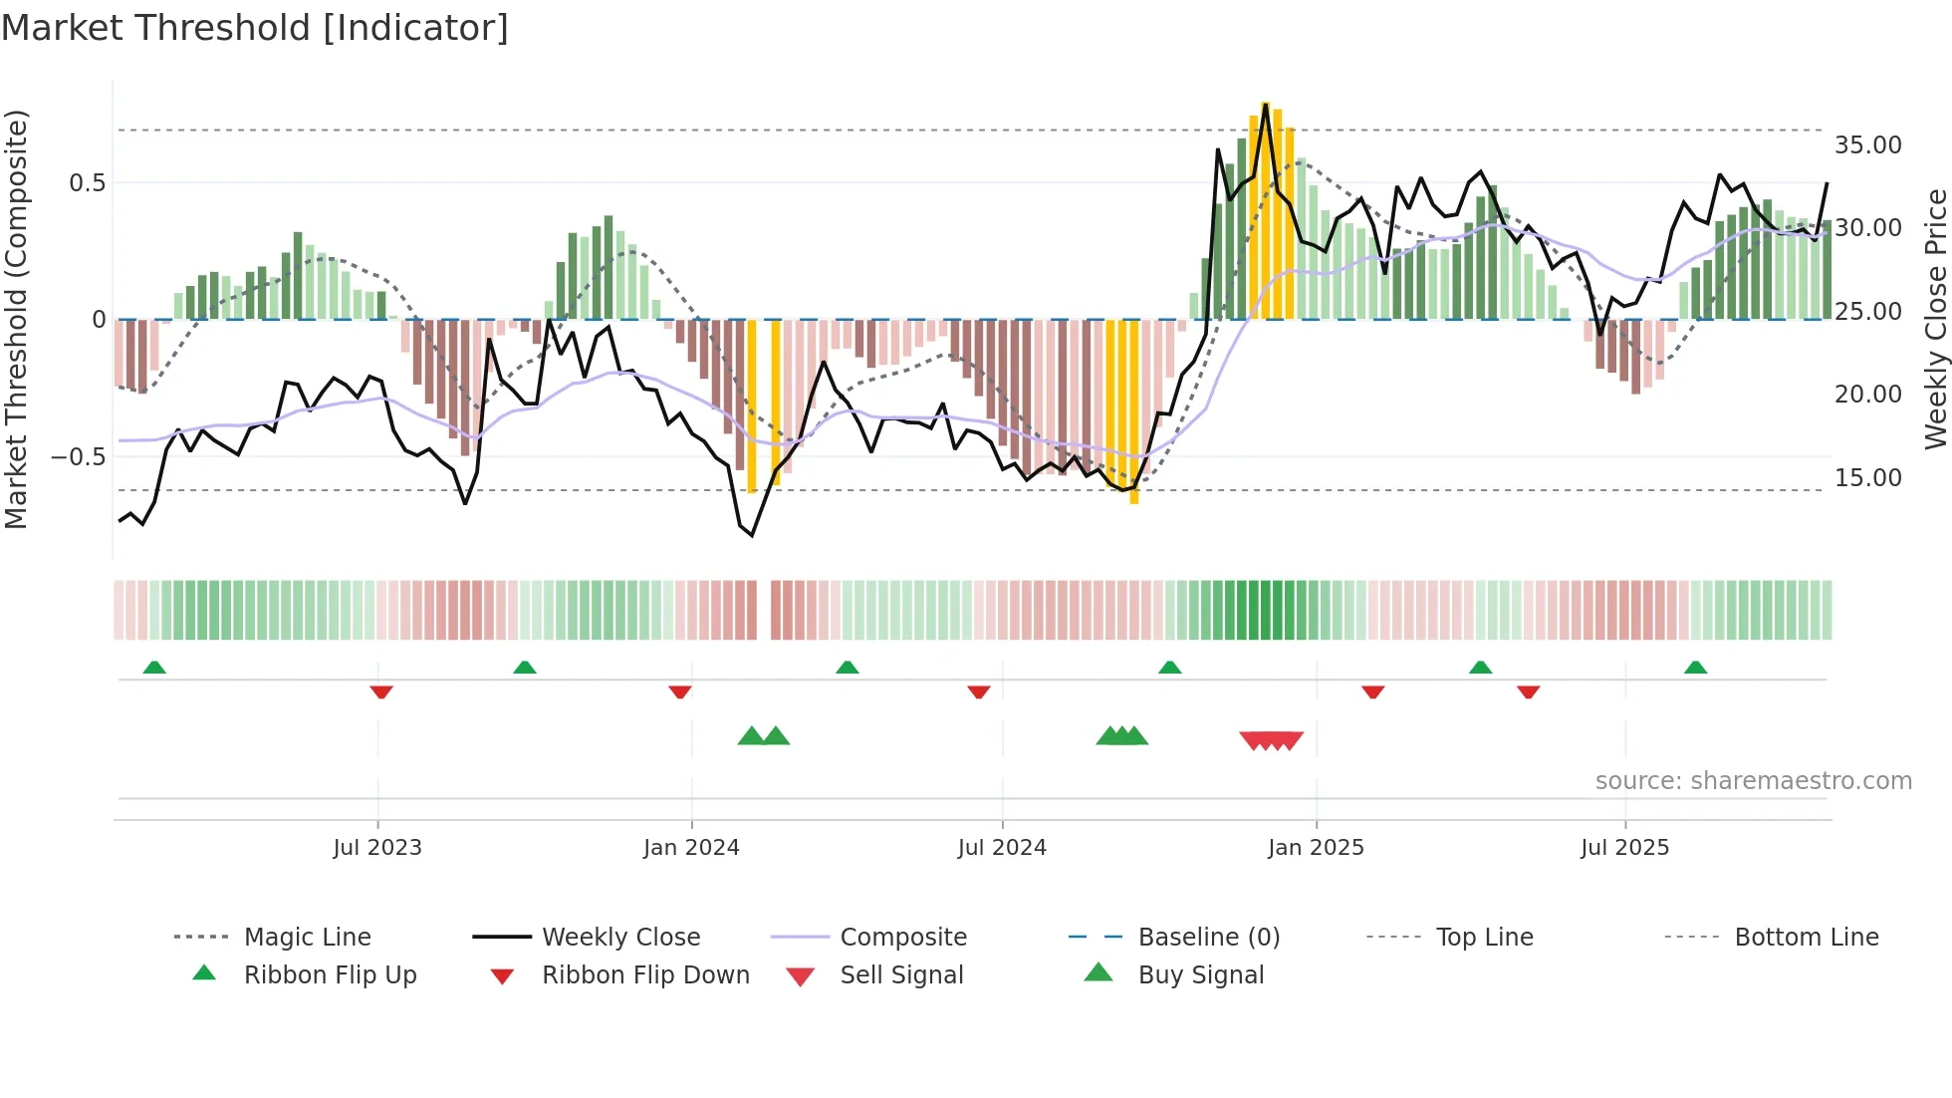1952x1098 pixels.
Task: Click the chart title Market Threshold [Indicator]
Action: click(x=255, y=28)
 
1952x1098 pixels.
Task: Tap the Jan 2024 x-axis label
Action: click(x=691, y=848)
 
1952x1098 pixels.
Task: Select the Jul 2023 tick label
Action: click(x=377, y=848)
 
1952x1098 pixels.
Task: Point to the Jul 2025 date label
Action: click(x=1624, y=848)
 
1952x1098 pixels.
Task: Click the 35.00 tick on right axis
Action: click(x=1867, y=145)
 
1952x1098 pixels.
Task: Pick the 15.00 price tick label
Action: click(x=1867, y=478)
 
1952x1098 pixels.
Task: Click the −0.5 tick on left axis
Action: click(x=78, y=457)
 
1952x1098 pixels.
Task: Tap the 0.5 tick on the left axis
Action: click(x=87, y=183)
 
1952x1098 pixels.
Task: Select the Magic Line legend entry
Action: click(x=307, y=938)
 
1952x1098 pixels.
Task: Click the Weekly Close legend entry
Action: click(x=620, y=938)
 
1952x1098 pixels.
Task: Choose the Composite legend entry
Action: click(x=902, y=938)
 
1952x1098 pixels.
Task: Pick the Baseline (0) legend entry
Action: click(x=1208, y=938)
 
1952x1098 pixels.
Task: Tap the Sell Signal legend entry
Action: click(x=901, y=975)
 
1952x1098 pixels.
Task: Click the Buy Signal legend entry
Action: click(x=1200, y=975)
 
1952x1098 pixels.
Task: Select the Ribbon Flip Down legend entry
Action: click(x=644, y=975)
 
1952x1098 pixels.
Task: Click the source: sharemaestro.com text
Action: click(x=1753, y=781)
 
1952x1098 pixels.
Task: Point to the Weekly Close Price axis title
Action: click(x=1935, y=319)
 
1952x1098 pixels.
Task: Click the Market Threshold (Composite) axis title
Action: click(x=16, y=319)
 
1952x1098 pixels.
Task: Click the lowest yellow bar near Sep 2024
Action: click(x=1134, y=411)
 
